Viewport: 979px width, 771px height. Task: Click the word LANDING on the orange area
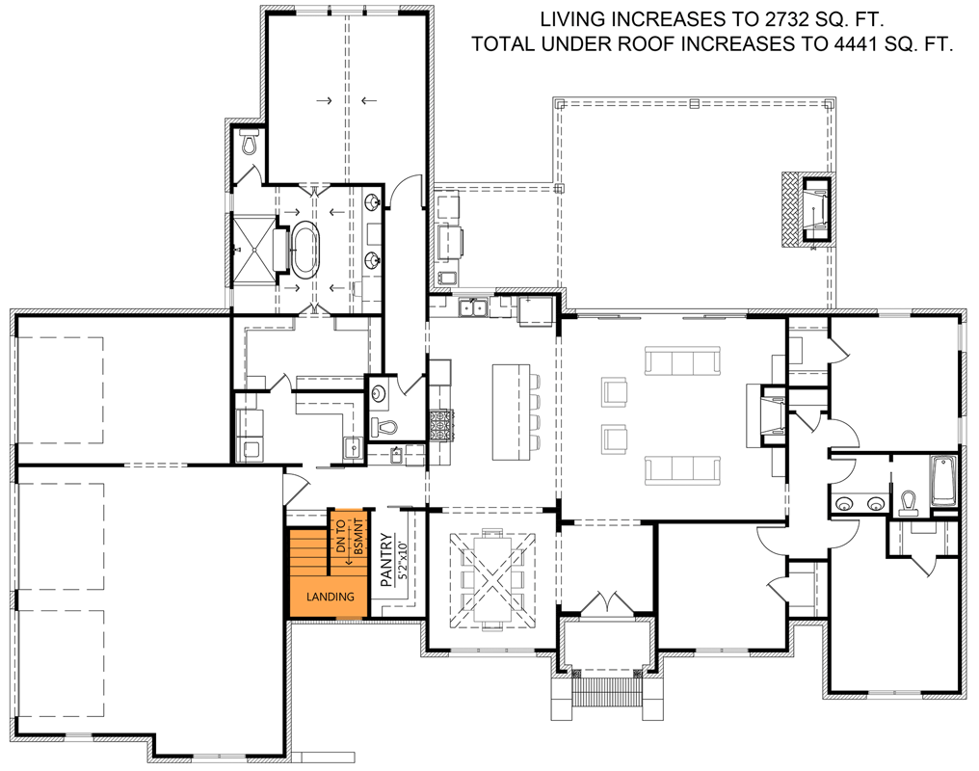[x=331, y=597]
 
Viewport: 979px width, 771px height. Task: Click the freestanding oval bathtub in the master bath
[x=305, y=247]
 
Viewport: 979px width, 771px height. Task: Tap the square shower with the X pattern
[x=252, y=248]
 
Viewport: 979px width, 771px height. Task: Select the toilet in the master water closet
[x=251, y=145]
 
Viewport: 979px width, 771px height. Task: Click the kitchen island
[x=511, y=412]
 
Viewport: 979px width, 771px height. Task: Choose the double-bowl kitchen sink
[x=472, y=307]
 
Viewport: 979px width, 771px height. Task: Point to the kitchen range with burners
[x=440, y=424]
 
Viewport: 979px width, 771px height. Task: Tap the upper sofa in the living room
[x=682, y=362]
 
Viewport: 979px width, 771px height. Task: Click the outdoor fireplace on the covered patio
[x=807, y=208]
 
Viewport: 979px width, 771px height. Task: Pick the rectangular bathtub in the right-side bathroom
[x=941, y=481]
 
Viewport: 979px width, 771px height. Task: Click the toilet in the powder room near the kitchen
[x=386, y=426]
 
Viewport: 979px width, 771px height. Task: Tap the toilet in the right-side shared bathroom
[x=908, y=504]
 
